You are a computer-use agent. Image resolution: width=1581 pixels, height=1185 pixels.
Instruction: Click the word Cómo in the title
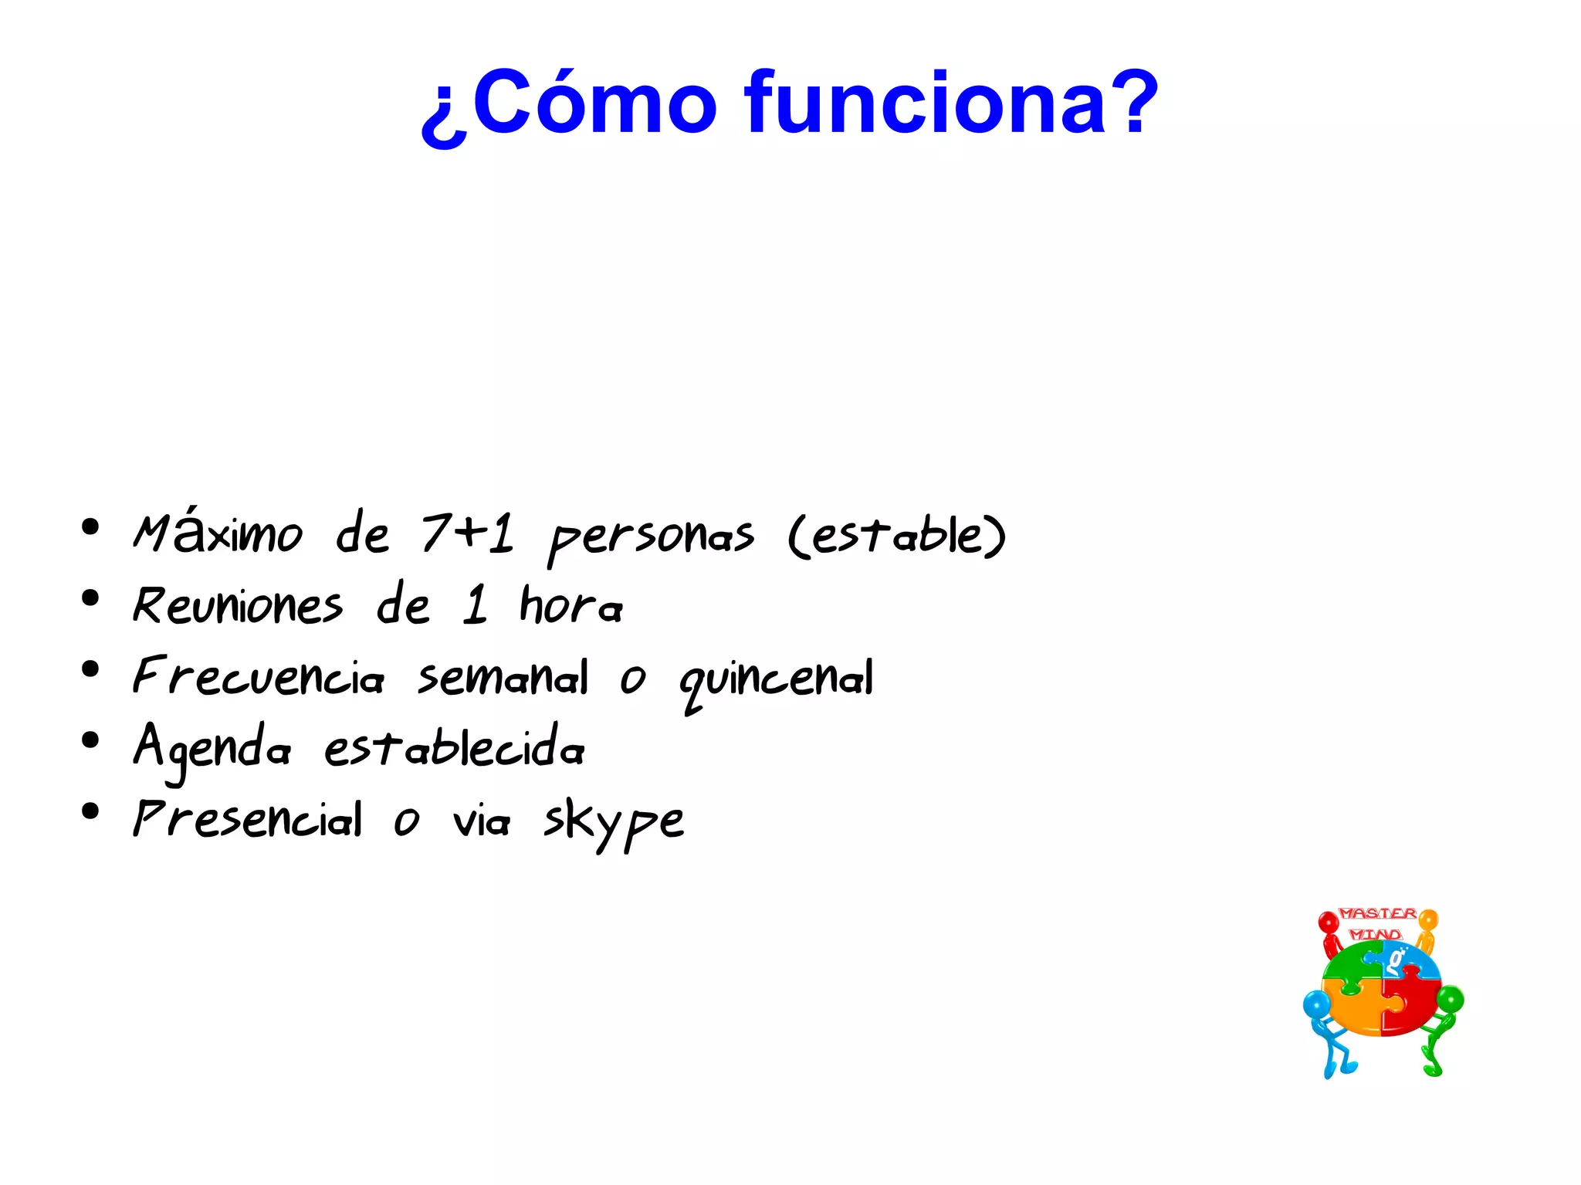click(594, 103)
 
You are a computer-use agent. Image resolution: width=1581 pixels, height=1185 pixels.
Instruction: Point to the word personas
click(651, 537)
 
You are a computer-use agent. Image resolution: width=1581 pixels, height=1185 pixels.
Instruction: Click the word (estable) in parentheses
click(897, 535)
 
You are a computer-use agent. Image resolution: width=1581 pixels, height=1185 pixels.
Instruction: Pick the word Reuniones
click(237, 605)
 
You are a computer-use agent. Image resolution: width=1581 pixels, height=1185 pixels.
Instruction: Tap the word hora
click(570, 604)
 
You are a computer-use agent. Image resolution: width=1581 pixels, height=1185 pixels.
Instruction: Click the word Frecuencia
click(258, 676)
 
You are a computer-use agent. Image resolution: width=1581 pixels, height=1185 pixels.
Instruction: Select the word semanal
click(503, 678)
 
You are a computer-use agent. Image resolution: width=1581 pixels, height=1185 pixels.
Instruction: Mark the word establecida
click(454, 747)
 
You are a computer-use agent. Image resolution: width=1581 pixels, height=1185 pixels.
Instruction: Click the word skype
click(614, 821)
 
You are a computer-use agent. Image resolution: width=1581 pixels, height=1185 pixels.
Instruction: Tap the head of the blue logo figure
click(1316, 1005)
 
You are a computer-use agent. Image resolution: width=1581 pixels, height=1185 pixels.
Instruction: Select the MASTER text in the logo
click(1377, 913)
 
